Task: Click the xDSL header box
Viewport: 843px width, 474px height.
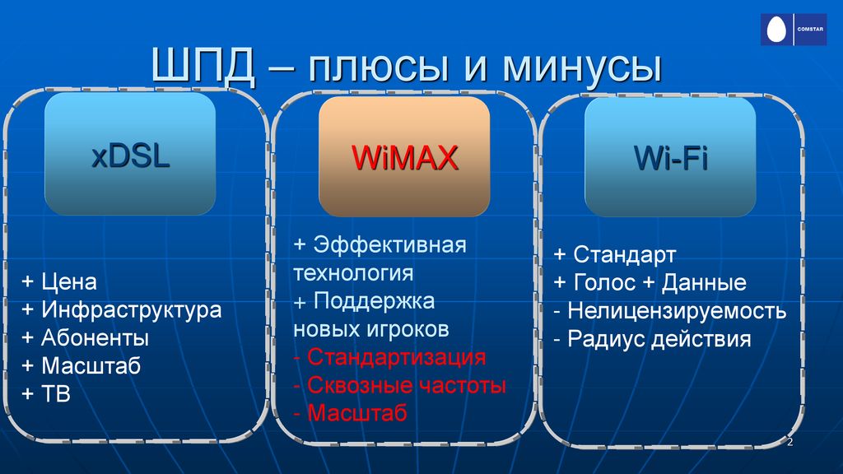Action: [130, 154]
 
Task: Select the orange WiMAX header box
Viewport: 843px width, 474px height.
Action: [404, 156]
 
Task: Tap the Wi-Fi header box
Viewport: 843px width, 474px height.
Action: [670, 157]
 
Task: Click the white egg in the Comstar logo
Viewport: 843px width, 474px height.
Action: [775, 29]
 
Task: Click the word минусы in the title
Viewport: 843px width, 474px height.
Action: [582, 67]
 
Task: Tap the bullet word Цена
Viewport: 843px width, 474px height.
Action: [69, 281]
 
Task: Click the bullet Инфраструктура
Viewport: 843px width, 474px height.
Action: [132, 310]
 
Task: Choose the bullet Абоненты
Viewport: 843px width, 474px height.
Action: [95, 338]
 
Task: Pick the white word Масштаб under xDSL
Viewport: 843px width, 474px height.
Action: [91, 366]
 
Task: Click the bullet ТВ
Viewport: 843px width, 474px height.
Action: [56, 394]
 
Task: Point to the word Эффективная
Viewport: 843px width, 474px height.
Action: [389, 245]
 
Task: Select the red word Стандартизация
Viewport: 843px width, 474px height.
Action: [397, 357]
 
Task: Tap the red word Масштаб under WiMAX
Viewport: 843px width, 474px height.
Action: [357, 413]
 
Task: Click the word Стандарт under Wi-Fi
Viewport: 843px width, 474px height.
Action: [625, 255]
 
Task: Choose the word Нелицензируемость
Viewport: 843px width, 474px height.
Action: [678, 310]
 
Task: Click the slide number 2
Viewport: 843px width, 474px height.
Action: [789, 442]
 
